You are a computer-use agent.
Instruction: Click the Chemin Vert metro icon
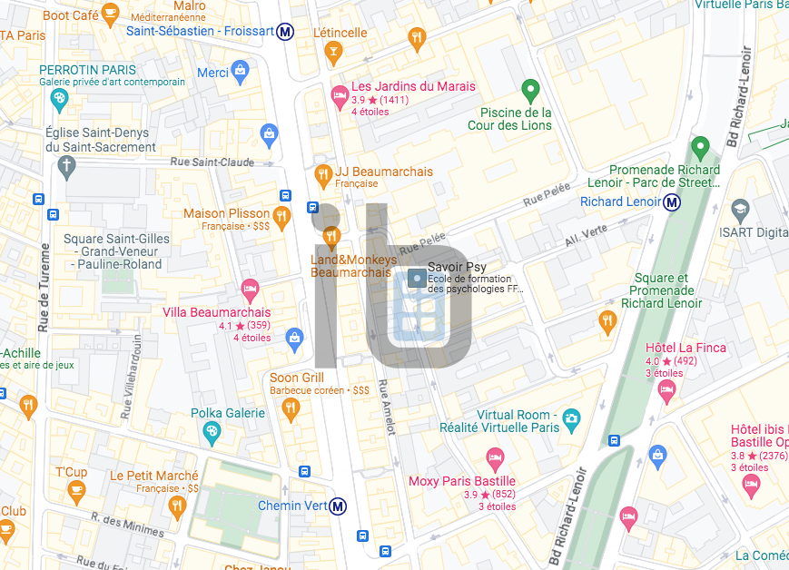(338, 506)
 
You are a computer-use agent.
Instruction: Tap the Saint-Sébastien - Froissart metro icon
(286, 32)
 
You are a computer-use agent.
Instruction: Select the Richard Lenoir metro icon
(672, 201)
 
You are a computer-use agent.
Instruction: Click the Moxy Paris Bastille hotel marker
(495, 456)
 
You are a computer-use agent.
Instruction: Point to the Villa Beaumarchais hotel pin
(250, 290)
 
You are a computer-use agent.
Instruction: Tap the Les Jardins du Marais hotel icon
(340, 93)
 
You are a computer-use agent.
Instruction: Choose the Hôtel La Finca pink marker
(667, 391)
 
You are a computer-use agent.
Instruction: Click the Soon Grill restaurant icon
(291, 409)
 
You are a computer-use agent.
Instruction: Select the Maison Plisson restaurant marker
(281, 216)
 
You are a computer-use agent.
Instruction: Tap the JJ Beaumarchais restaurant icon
(322, 173)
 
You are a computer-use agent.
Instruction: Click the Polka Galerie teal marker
(212, 434)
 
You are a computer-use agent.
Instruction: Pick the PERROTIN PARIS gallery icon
(59, 98)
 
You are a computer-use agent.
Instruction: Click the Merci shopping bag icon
(240, 70)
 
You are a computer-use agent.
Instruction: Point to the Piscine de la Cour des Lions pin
(530, 90)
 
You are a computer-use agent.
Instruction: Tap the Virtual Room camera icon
(571, 418)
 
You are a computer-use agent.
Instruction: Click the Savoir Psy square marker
(416, 279)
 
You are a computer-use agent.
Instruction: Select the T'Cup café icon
(76, 492)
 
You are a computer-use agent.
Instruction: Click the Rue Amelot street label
(389, 407)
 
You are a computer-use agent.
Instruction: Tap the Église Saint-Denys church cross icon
(66, 166)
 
